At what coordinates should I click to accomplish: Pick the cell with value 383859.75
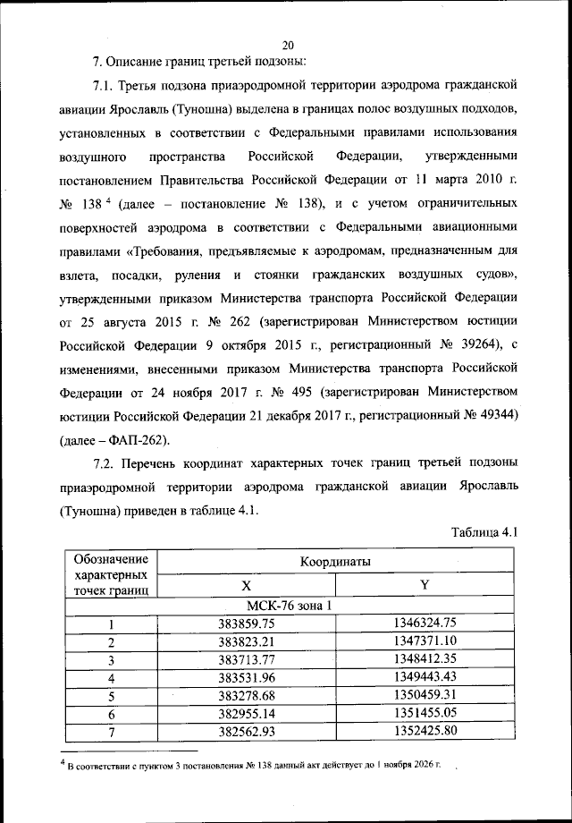pyautogui.click(x=247, y=624)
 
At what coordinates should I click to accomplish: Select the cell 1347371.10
pyautogui.click(x=425, y=641)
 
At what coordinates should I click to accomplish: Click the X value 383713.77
pyautogui.click(x=247, y=659)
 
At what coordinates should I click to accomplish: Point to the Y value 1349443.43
pyautogui.click(x=425, y=677)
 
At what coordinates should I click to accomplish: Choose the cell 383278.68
pyautogui.click(x=247, y=694)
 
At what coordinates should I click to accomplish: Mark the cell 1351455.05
pyautogui.click(x=425, y=712)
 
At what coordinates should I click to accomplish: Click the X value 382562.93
pyautogui.click(x=247, y=730)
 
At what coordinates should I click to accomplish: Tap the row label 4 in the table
pyautogui.click(x=112, y=677)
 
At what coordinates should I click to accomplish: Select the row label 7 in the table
pyautogui.click(x=112, y=730)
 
